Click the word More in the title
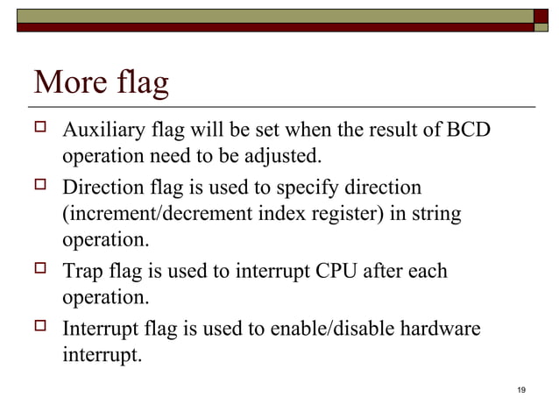pyautogui.click(x=71, y=84)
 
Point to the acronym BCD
pyautogui.click(x=469, y=131)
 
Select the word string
pyautogui.click(x=436, y=214)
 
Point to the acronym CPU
pyautogui.click(x=347, y=271)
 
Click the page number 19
pyautogui.click(x=521, y=390)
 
